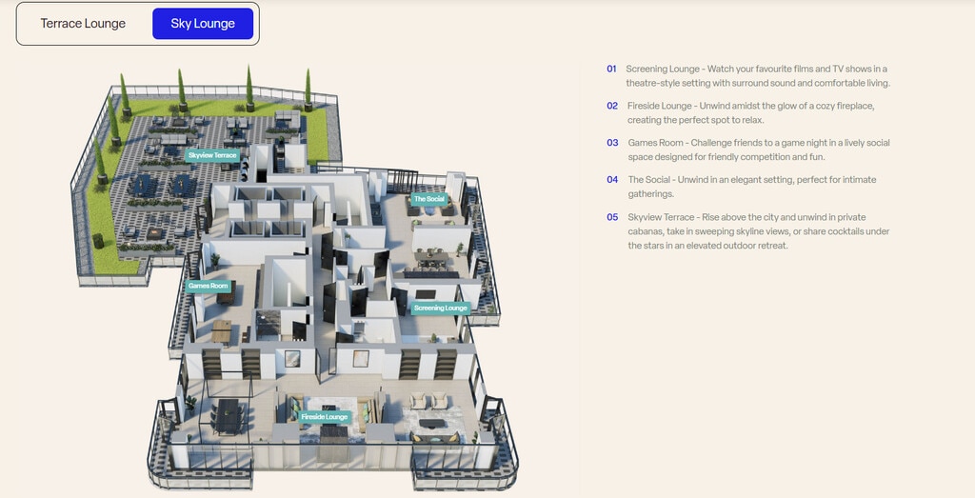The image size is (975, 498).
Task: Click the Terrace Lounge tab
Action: [83, 24]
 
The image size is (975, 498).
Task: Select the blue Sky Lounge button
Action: [203, 24]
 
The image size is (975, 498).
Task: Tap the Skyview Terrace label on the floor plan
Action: [212, 154]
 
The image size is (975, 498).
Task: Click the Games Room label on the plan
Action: [208, 286]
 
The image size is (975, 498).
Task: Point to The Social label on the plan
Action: [428, 199]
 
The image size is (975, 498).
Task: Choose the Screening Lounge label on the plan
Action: [441, 308]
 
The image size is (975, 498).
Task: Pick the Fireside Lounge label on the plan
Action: [325, 417]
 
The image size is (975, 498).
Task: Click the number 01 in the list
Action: [611, 70]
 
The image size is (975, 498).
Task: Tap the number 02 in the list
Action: [612, 106]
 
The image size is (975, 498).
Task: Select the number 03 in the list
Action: [612, 143]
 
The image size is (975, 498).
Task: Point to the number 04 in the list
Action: [612, 180]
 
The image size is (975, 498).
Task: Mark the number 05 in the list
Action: [612, 217]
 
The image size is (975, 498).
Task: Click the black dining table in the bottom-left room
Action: [229, 414]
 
